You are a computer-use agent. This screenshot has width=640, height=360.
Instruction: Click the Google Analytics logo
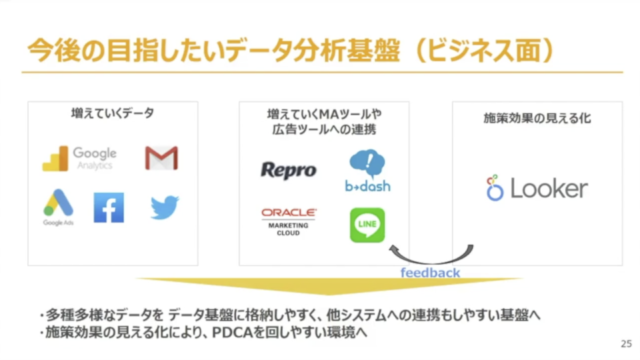pyautogui.click(x=79, y=159)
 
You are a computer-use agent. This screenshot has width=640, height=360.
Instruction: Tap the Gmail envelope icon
pyautogui.click(x=161, y=157)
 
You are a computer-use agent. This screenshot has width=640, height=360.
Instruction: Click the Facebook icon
pyautogui.click(x=109, y=208)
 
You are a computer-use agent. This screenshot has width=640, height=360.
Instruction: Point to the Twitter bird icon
pyautogui.click(x=165, y=207)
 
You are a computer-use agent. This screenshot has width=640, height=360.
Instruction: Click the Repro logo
pyautogui.click(x=289, y=170)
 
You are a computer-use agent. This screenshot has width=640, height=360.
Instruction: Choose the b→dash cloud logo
pyautogui.click(x=367, y=171)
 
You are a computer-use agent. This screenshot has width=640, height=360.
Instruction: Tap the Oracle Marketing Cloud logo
pyautogui.click(x=289, y=222)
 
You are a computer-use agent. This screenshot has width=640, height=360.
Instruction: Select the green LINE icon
pyautogui.click(x=367, y=225)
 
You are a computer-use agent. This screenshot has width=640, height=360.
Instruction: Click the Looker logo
pyautogui.click(x=537, y=188)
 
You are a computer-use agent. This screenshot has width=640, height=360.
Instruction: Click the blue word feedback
pyautogui.click(x=430, y=273)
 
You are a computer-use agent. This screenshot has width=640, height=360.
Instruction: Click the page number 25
pyautogui.click(x=626, y=344)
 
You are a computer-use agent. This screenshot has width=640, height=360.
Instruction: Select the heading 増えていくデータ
pyautogui.click(x=113, y=113)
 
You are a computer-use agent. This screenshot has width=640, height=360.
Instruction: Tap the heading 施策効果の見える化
pyautogui.click(x=537, y=119)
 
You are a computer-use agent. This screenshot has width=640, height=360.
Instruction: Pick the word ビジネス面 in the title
pyautogui.click(x=485, y=51)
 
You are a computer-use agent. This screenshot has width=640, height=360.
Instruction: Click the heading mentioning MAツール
pyautogui.click(x=324, y=121)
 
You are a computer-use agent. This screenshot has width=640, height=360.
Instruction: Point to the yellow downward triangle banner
pyautogui.click(x=329, y=286)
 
